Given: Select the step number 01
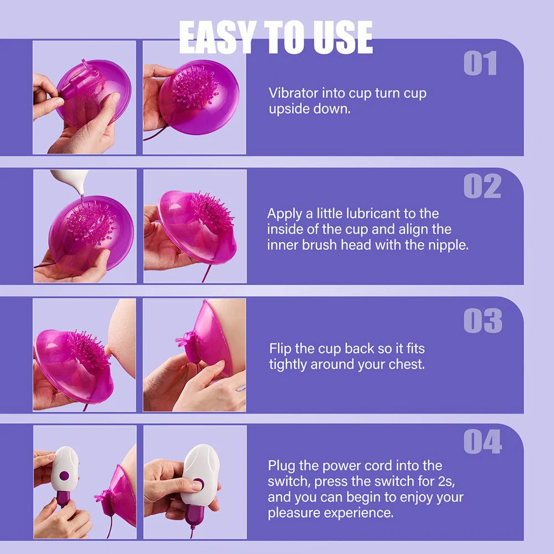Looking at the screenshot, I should tap(480, 64).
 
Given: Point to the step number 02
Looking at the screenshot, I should tap(482, 187).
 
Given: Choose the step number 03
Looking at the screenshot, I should tap(483, 322).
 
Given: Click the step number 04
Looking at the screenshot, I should tap(483, 443).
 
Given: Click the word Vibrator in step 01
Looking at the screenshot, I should tap(293, 93).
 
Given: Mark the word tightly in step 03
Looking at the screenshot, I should tap(288, 365).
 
